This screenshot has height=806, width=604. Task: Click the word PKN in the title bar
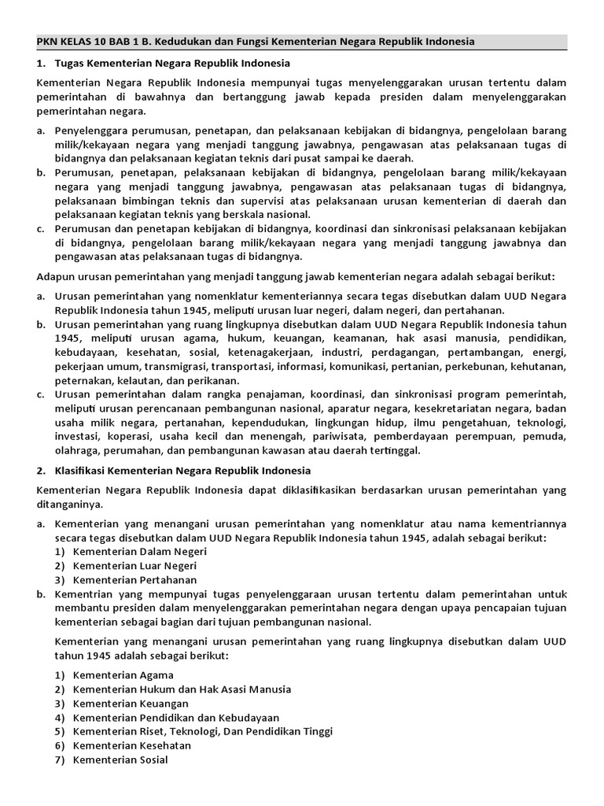[x=49, y=41]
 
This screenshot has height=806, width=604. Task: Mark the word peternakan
[x=84, y=380]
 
